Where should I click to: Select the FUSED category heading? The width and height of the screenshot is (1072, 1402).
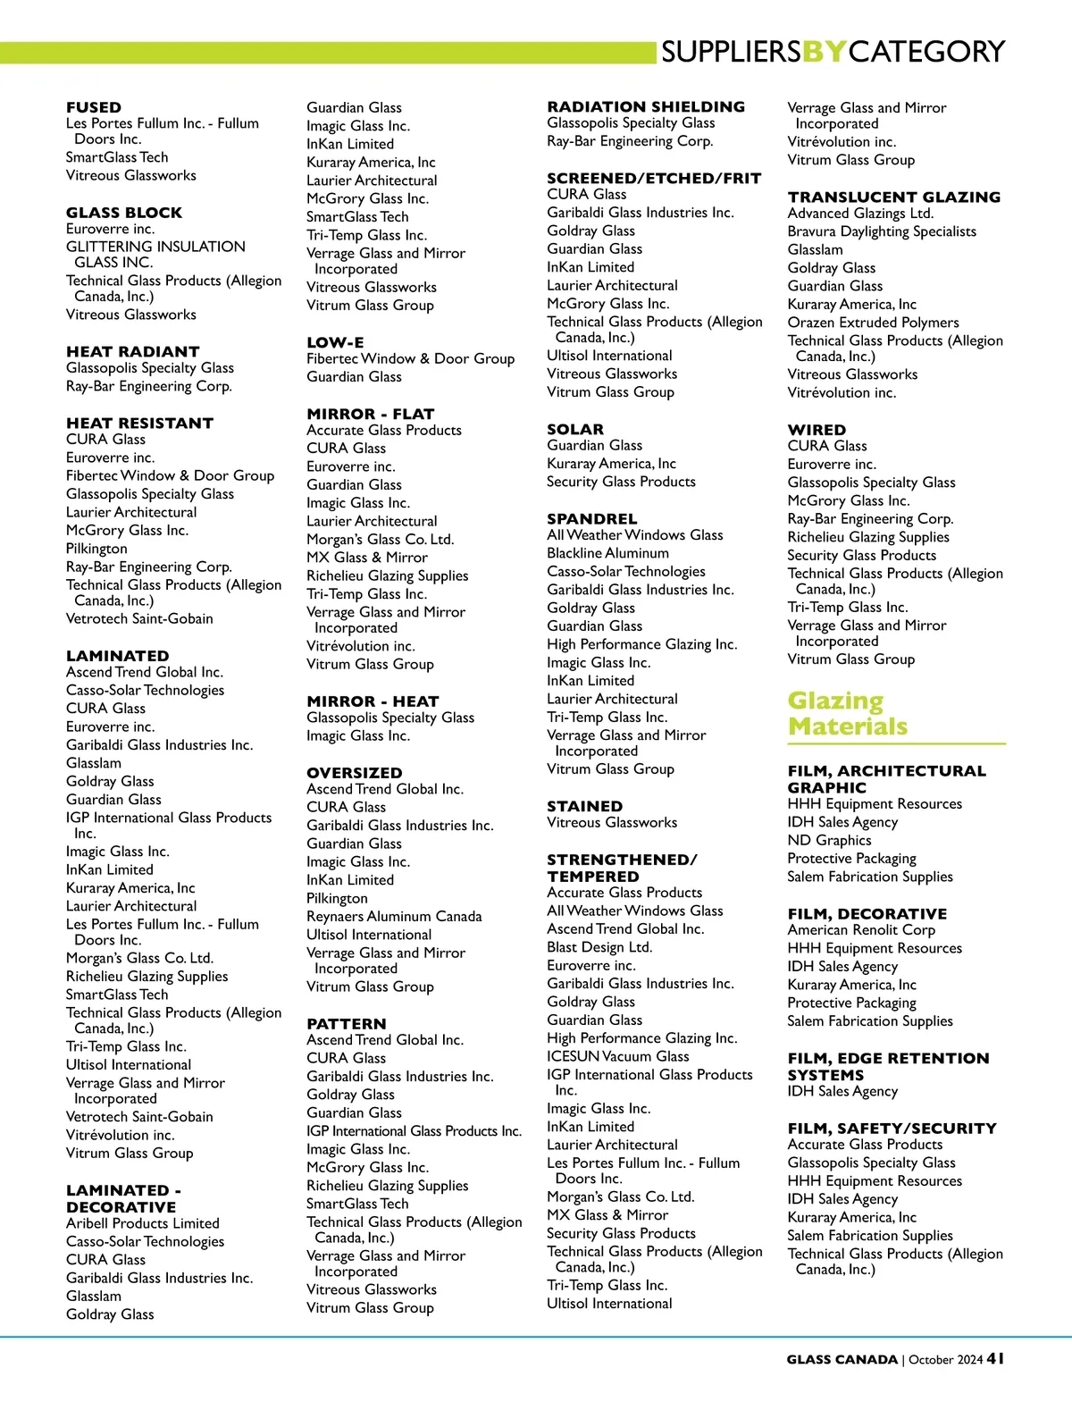[x=94, y=107]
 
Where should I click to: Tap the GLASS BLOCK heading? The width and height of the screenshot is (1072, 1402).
[x=124, y=213]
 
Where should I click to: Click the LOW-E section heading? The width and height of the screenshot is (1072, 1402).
[x=335, y=342]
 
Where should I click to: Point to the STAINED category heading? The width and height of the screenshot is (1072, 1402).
[x=584, y=806]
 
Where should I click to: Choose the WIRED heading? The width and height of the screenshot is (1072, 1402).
[x=817, y=430]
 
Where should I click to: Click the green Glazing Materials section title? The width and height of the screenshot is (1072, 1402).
[x=847, y=713]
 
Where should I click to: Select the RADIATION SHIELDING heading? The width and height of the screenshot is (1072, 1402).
[x=646, y=106]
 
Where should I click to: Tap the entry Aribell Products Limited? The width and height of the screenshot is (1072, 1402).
[x=143, y=1223]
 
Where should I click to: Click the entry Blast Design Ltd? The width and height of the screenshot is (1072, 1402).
[x=599, y=947]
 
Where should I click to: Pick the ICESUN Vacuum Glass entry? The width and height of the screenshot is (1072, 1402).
[x=618, y=1056]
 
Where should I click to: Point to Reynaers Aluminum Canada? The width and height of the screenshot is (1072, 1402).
[x=394, y=916]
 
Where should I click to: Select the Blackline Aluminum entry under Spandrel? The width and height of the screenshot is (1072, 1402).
[x=607, y=553]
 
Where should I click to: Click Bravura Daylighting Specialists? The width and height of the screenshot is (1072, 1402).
[x=882, y=231]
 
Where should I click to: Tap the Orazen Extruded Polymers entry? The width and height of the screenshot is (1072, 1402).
[x=873, y=322]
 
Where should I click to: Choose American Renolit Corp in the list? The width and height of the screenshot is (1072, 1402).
[x=861, y=930]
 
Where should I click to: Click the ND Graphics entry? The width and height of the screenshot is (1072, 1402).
[x=829, y=840]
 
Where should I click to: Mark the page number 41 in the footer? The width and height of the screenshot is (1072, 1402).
[x=995, y=1358]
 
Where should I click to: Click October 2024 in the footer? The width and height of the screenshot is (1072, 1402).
[x=945, y=1360]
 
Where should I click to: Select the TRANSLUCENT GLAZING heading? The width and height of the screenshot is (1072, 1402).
[x=893, y=197]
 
